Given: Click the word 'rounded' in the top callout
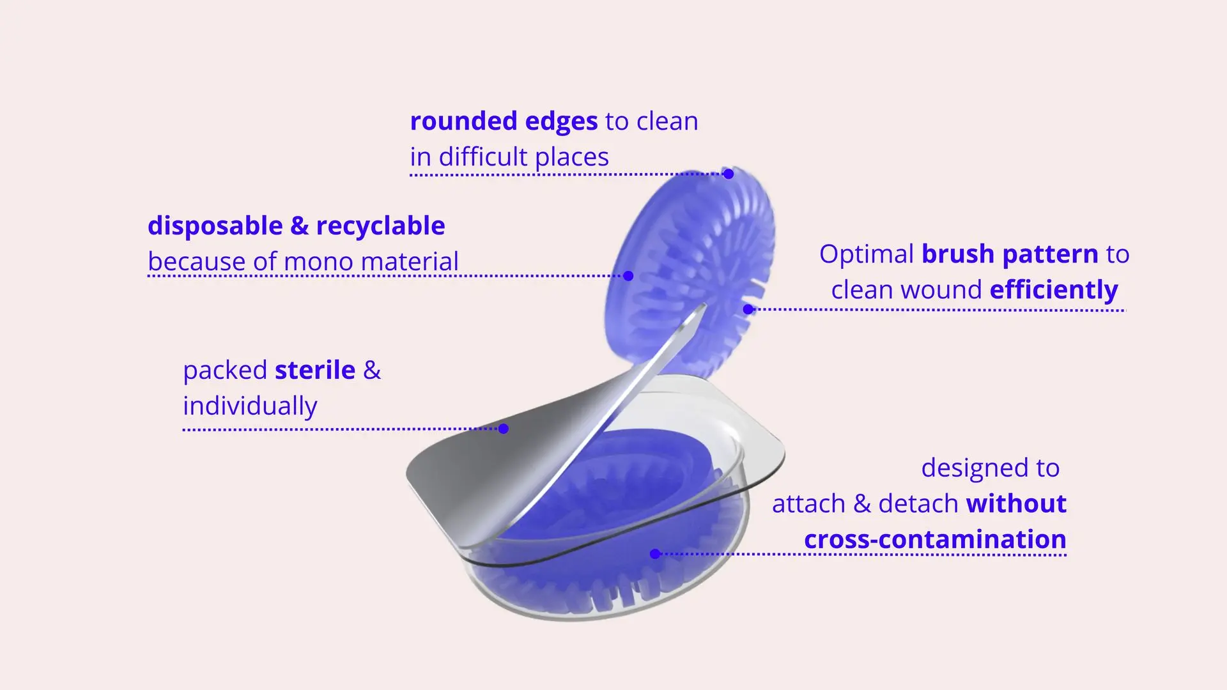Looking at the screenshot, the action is [463, 121].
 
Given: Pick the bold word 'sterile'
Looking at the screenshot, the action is [314, 371].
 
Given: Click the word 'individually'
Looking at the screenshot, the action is [250, 406].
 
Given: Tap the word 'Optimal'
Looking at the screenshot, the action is [867, 255].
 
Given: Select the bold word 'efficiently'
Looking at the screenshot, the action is [1054, 290].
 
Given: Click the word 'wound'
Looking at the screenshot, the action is [943, 290].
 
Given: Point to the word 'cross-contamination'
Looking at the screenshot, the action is [935, 540].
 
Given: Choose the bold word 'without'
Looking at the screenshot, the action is [1016, 504].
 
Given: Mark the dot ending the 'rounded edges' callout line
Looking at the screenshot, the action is [729, 174].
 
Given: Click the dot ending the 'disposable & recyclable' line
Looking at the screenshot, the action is [628, 276].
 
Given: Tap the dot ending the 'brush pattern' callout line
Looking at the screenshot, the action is [748, 309].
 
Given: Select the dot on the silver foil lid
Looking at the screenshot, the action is [504, 429].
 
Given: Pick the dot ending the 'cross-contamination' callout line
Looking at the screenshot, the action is [655, 554].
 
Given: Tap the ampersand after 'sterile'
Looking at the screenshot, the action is [372, 371].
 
